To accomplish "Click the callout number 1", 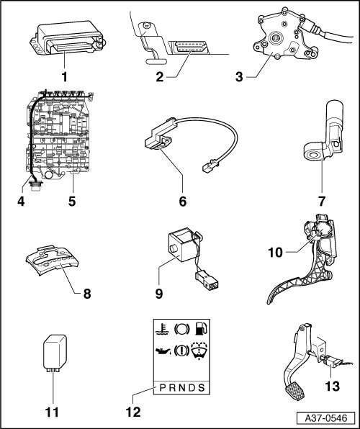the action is pyautogui.click(x=64, y=76).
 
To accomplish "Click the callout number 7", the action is pyautogui.click(x=322, y=202).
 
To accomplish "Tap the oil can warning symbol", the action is pyautogui.click(x=163, y=351).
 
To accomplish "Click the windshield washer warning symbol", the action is pyautogui.click(x=199, y=351).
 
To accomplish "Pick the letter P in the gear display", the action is pyautogui.click(x=163, y=388).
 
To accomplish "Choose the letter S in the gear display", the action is pyautogui.click(x=202, y=388).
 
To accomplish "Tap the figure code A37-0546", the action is pyautogui.click(x=326, y=418).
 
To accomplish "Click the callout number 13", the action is pyautogui.click(x=332, y=387).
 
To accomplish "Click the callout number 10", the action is pyautogui.click(x=275, y=253).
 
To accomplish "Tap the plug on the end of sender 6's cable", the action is pyautogui.click(x=210, y=166).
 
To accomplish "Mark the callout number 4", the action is pyautogui.click(x=21, y=202).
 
